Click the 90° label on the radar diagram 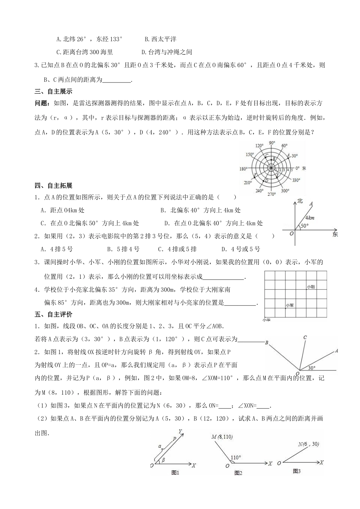click(x=272, y=142)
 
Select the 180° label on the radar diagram click(x=244, y=169)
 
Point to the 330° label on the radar click(x=296, y=180)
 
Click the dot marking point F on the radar click(x=255, y=175)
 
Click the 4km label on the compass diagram click(x=310, y=218)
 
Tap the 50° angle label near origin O click(x=305, y=226)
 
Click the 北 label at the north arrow click(x=301, y=201)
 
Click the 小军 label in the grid click(x=290, y=305)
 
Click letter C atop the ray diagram click(x=305, y=337)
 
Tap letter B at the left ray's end click(x=266, y=343)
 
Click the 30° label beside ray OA click(x=311, y=367)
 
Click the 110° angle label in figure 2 click(x=235, y=457)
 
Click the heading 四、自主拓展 click(x=53, y=186)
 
